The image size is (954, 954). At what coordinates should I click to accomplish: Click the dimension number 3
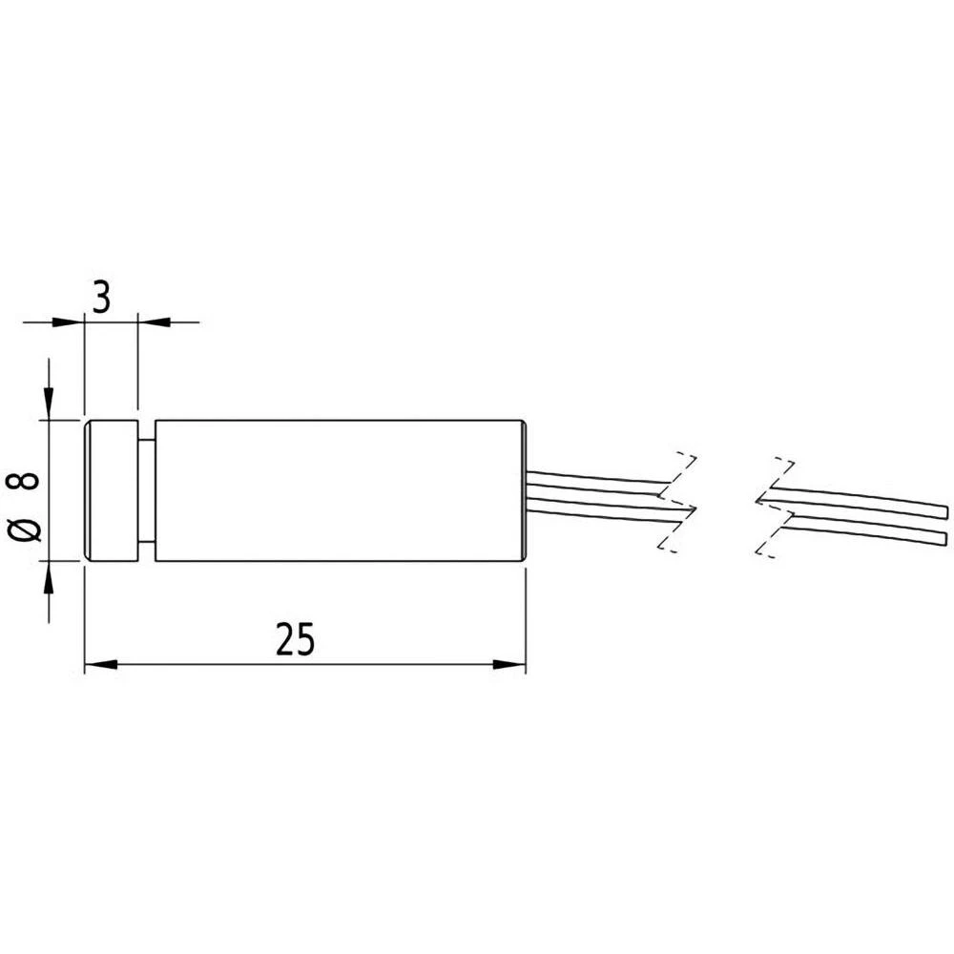[x=102, y=297]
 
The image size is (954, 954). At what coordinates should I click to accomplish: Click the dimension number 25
[x=295, y=639]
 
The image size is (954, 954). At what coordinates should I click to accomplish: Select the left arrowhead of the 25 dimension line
[x=99, y=665]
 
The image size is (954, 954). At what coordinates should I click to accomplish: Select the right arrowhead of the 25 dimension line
[x=511, y=665]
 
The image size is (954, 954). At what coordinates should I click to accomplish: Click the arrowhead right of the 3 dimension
[x=153, y=321]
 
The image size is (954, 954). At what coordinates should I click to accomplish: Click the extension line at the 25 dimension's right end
[x=526, y=620]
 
